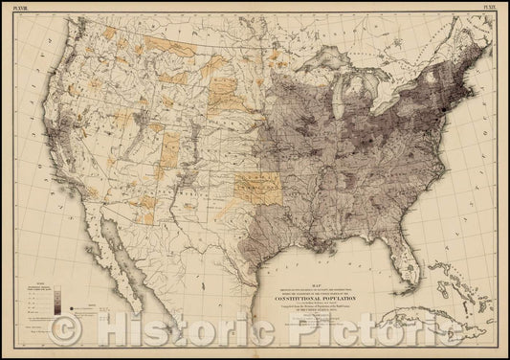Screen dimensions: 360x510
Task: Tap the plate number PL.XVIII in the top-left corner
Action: [x=18, y=7]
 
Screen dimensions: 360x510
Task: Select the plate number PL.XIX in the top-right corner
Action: [x=491, y=7]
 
